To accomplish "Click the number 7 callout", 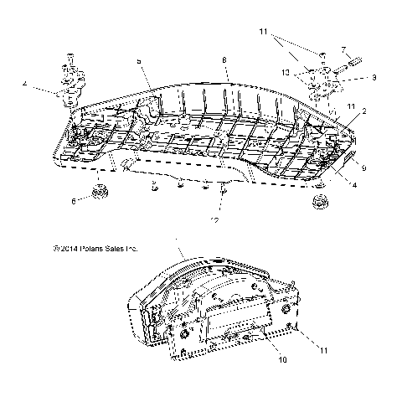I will tap(342, 50).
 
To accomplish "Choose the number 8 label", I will tap(224, 60).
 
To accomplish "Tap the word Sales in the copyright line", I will tap(117, 249).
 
